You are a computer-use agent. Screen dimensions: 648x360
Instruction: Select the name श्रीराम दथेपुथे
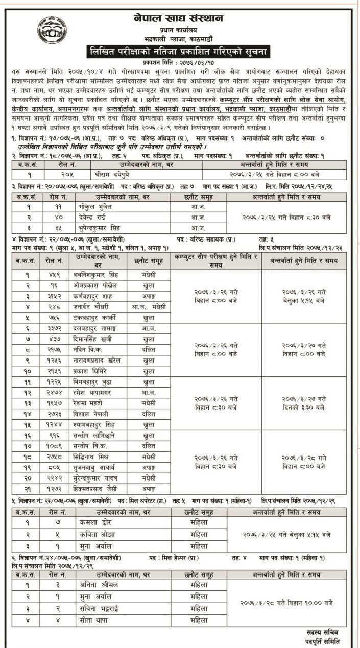(112, 173)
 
